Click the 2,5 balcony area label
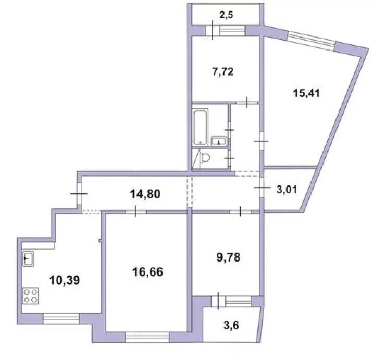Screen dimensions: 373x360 [x=226, y=15]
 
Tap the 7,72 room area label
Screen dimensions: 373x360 [x=223, y=71]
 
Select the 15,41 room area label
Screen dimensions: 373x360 [x=306, y=93]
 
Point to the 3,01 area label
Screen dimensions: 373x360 [x=287, y=190]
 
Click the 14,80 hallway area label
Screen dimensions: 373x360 [x=145, y=194]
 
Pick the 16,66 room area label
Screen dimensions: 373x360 [x=147, y=272]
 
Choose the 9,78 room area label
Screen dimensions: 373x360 [x=228, y=257]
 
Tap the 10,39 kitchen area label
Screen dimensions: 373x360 [x=65, y=280]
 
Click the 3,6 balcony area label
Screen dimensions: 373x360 [x=231, y=325]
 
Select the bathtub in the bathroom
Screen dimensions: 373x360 [x=201, y=127]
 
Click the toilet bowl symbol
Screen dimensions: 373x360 [x=205, y=157]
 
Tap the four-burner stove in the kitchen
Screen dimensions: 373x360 [x=30, y=296]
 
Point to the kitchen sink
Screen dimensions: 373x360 [x=28, y=258]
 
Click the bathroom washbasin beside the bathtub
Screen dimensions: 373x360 [x=219, y=141]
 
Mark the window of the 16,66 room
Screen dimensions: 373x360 [x=147, y=337]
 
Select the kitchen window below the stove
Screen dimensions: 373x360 [x=61, y=319]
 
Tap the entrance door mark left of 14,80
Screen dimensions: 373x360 [x=79, y=194]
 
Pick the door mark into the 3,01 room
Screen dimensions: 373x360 [x=262, y=188]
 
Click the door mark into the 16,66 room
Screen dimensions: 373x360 [x=135, y=211]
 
